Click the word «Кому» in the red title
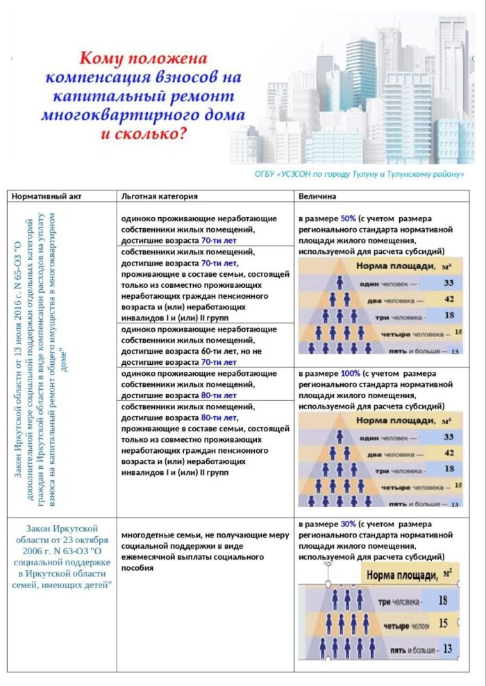pos(105,56)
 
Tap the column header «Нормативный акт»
pos(47,196)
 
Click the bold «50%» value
pos(349,217)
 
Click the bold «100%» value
pos(350,373)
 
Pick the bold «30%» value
pos(349,524)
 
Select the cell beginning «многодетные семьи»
pos(205,551)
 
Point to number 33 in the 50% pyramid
pos(449,283)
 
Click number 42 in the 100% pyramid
pos(449,453)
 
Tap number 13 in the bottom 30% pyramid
pos(447,649)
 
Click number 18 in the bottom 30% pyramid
pos(442,601)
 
